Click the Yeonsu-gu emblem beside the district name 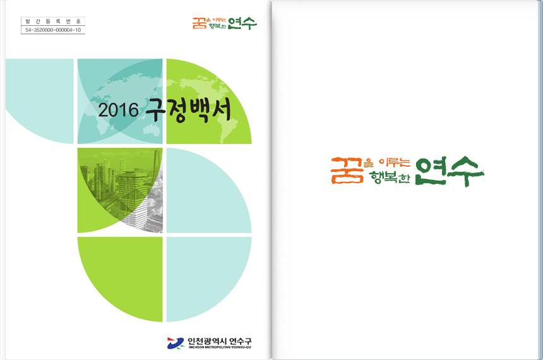pyautogui.click(x=175, y=342)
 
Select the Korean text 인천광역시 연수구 pyautogui.click(x=219, y=340)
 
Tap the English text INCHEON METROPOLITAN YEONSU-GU pyautogui.click(x=219, y=347)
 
